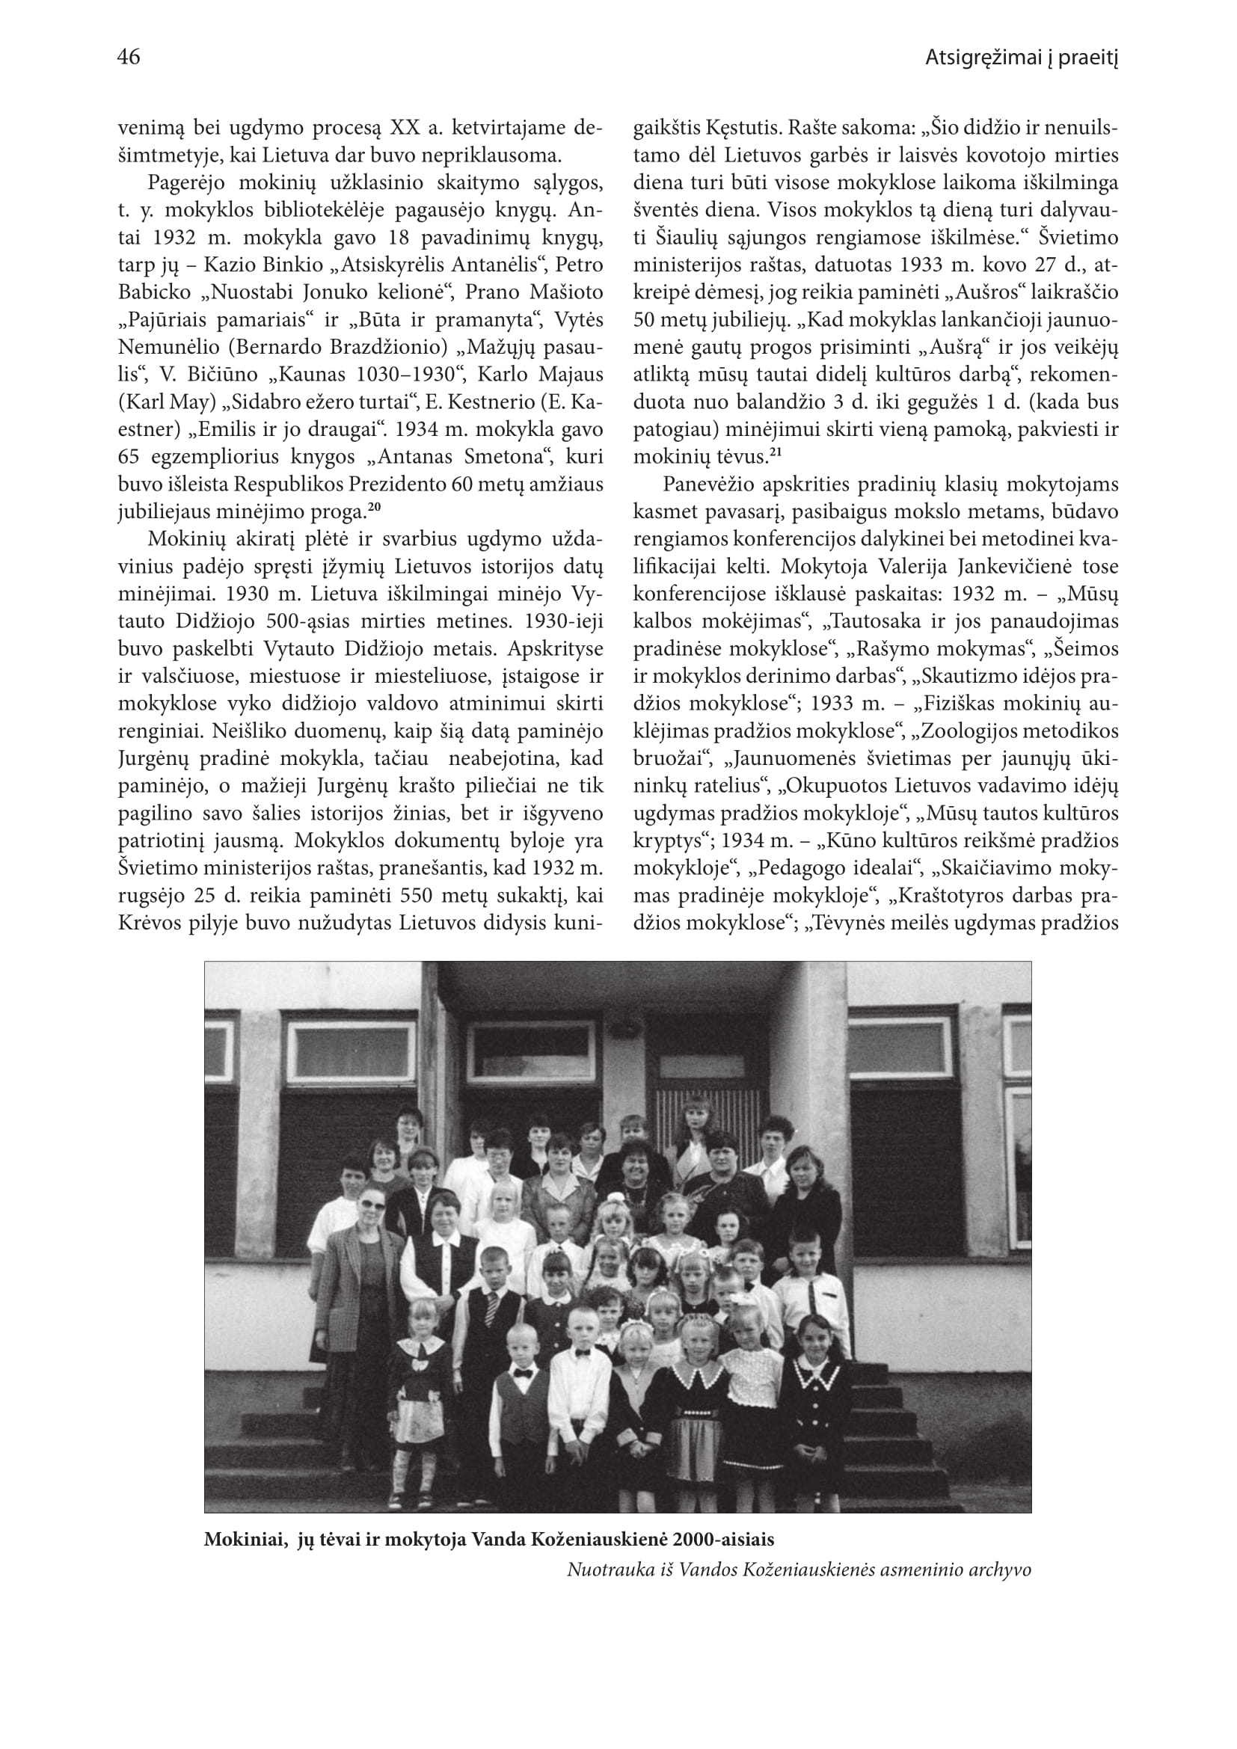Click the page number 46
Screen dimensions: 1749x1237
point(129,57)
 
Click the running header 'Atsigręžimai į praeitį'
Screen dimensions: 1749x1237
point(1021,58)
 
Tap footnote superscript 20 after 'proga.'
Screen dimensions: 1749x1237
point(375,505)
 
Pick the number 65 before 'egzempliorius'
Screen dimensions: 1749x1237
point(130,457)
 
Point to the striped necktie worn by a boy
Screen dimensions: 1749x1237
point(492,1309)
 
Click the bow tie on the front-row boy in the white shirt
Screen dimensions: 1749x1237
point(584,1353)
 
